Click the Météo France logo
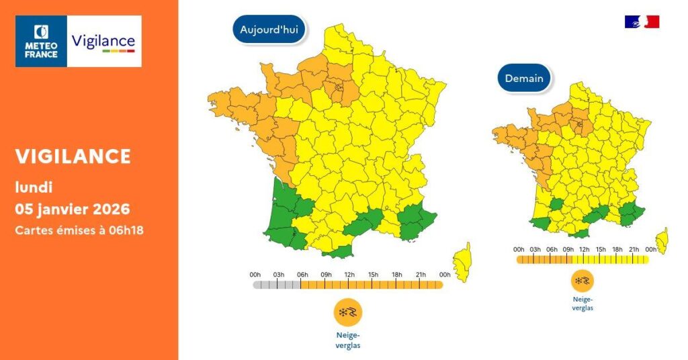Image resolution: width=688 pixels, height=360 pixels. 41,41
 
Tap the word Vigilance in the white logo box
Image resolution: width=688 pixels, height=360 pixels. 103,41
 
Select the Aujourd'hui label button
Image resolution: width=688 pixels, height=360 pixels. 269,30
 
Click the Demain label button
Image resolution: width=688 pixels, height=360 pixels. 524,79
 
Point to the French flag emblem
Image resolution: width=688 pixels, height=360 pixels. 642,21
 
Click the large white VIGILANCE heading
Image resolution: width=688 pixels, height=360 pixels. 73,156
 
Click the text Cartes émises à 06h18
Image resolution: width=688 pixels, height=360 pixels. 79,230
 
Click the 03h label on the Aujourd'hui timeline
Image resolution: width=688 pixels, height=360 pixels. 278,274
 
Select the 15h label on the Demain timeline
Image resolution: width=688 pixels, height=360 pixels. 601,250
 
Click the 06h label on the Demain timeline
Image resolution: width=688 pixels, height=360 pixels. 552,250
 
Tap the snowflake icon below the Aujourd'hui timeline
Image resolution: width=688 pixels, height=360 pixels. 348,313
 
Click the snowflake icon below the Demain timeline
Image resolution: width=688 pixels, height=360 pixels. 582,281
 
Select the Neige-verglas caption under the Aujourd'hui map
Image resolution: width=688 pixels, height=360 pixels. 348,340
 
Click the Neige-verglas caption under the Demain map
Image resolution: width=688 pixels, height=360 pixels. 582,304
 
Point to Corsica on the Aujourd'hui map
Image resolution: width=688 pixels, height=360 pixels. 463,261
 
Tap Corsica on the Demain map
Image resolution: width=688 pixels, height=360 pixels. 662,240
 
